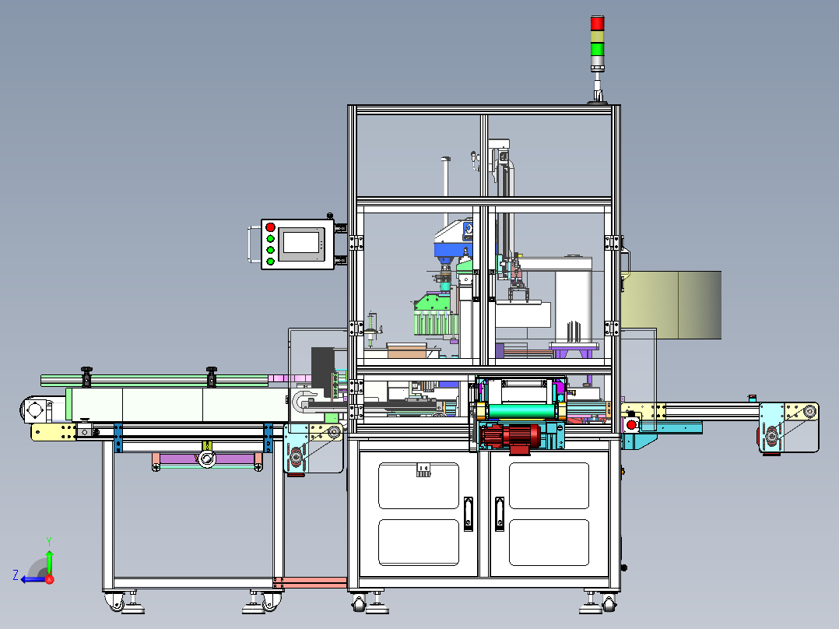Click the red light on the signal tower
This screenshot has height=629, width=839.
(x=597, y=23)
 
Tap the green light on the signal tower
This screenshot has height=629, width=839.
(x=597, y=49)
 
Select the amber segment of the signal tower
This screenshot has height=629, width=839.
(x=597, y=37)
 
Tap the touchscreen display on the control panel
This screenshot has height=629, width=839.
(x=300, y=243)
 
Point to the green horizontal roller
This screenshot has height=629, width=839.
(x=521, y=412)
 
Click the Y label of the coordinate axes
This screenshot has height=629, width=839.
(x=49, y=542)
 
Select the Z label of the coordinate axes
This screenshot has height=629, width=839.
(x=16, y=575)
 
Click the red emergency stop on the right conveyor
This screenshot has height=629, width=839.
(x=631, y=425)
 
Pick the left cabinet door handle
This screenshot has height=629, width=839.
(x=469, y=514)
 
